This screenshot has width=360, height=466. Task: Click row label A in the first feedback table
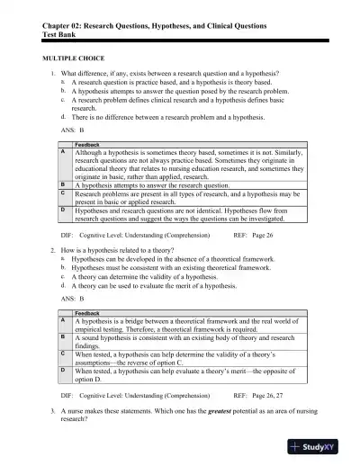[x=64, y=153]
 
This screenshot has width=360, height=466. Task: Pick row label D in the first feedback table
[x=64, y=209]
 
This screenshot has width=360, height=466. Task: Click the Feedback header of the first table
[x=87, y=145]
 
